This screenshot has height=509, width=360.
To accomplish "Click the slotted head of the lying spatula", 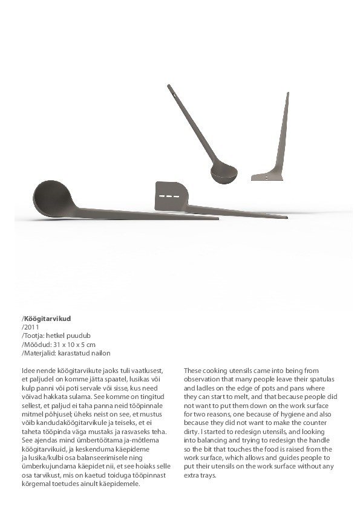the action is pyautogui.click(x=169, y=196).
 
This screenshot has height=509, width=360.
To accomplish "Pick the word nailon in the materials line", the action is pyautogui.click(x=100, y=352).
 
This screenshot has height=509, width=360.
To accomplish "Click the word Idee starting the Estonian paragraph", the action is pyautogui.click(x=28, y=370).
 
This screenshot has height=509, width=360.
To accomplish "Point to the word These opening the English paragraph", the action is pyautogui.click(x=194, y=370).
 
